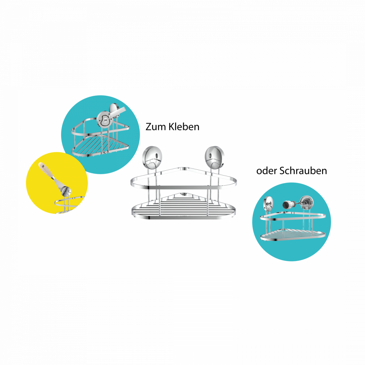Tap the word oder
(267, 171)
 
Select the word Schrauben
(303, 171)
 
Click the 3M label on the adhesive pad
(106, 120)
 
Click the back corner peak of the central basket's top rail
(182, 169)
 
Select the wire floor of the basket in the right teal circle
(292, 234)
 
